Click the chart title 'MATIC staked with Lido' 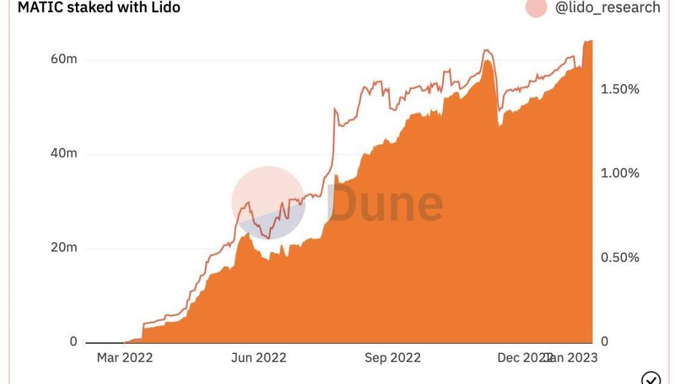tap(99, 8)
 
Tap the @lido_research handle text tap(607, 8)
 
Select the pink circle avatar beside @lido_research tap(536, 7)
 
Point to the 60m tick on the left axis tap(63, 59)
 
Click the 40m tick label tap(63, 153)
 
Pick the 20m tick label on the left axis tap(63, 247)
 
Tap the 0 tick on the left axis tap(73, 341)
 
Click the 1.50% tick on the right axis tap(620, 89)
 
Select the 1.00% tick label tap(620, 173)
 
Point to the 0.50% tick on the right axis tap(620, 258)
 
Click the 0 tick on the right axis tap(605, 341)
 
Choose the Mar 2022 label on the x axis tap(125, 358)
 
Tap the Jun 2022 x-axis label tap(258, 358)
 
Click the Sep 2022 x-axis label tap(393, 358)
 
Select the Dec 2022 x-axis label tap(521, 358)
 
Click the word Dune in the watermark tap(385, 202)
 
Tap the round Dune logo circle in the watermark tap(268, 202)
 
